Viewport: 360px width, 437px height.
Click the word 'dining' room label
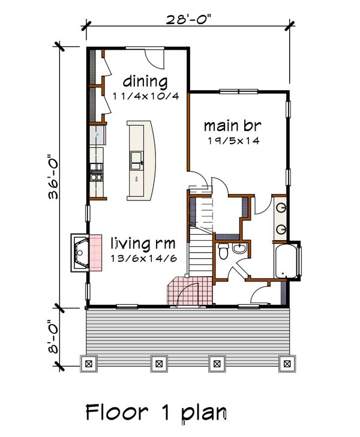(x=145, y=81)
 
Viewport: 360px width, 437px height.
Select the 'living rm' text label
(x=143, y=244)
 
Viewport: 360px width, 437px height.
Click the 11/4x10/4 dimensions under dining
(x=145, y=96)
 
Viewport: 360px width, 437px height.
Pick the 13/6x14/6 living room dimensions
(x=144, y=259)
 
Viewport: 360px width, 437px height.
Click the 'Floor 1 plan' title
(x=156, y=413)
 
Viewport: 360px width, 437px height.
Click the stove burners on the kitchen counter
(x=95, y=177)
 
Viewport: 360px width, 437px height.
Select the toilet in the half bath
(x=223, y=252)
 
